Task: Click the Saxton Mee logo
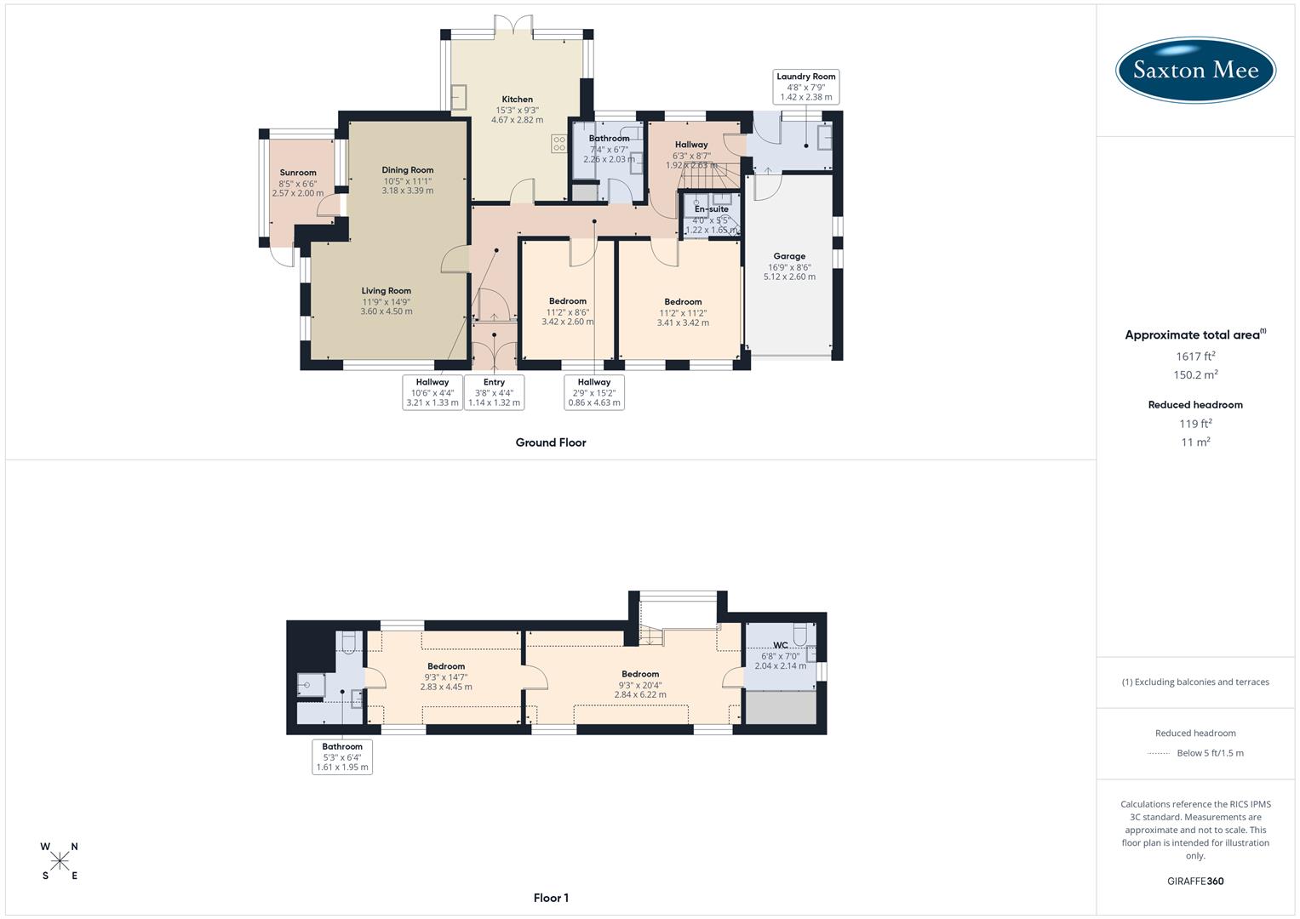1195,70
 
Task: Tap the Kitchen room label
517,100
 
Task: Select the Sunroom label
298,173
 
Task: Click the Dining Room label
407,170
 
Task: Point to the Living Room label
386,291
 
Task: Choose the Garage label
789,256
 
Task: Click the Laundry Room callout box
806,87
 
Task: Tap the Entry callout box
494,392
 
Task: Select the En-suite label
712,209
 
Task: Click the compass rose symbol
60,861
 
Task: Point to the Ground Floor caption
551,442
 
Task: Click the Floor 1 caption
551,898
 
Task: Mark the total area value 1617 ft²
1195,357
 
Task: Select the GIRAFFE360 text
1195,881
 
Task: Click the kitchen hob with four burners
559,144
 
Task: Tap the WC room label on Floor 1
781,645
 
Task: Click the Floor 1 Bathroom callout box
342,756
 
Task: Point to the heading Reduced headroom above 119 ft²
1195,405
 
